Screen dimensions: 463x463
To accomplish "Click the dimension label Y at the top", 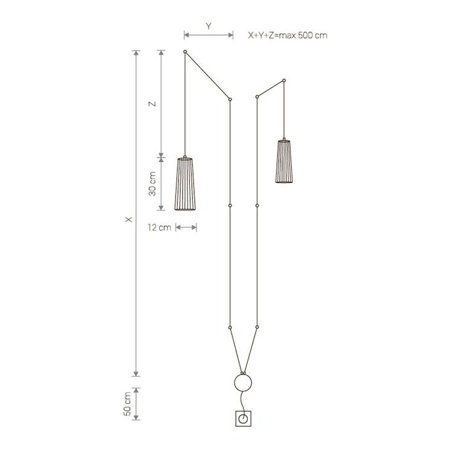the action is (x=209, y=26).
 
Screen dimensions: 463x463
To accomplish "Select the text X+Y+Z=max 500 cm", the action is (x=288, y=36).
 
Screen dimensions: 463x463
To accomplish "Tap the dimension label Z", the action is (x=152, y=104).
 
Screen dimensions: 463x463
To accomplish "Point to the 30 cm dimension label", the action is (x=153, y=184).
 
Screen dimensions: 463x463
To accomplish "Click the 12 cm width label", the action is (x=159, y=227).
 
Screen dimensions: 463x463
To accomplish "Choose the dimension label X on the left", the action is (x=128, y=219).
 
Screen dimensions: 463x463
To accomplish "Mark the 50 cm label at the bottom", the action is (x=127, y=404).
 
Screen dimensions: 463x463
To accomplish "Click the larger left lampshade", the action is (x=185, y=184).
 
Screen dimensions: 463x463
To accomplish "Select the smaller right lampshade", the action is (x=284, y=161).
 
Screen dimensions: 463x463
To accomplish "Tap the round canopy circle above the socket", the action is (x=243, y=383).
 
